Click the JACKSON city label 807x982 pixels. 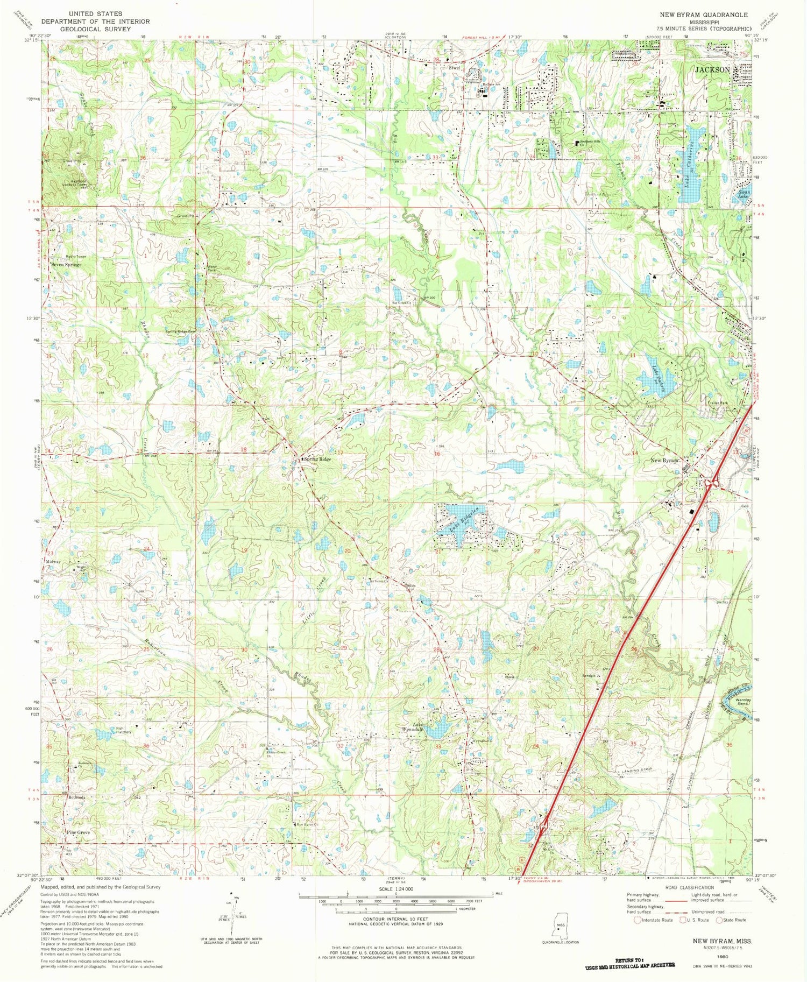tap(712, 69)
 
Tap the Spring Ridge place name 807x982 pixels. tap(317, 459)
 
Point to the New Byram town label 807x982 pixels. tap(665, 461)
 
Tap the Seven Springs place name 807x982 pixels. tap(66, 265)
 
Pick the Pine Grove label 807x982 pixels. tap(78, 832)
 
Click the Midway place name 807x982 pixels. tap(53, 562)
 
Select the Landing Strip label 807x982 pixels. tap(636, 771)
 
